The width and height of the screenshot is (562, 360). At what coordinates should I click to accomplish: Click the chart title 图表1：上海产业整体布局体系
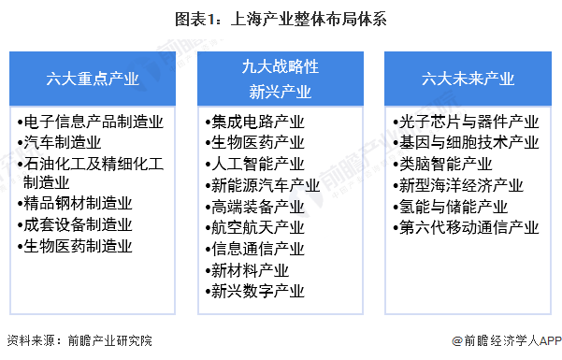click(x=281, y=18)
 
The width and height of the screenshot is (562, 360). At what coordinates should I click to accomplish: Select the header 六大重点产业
click(x=94, y=79)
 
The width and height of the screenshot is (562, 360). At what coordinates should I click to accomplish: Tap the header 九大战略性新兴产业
click(x=281, y=79)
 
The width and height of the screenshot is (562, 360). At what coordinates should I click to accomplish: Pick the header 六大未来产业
click(x=467, y=79)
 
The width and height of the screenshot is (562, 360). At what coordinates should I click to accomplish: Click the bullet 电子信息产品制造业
click(x=94, y=122)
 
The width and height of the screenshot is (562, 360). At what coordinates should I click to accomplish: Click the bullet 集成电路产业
click(x=256, y=122)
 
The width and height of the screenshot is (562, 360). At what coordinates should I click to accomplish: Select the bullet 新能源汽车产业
click(x=265, y=185)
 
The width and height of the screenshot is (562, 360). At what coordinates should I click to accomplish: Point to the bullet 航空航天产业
click(x=256, y=227)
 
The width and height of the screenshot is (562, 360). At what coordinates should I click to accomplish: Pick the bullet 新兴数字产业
click(x=256, y=290)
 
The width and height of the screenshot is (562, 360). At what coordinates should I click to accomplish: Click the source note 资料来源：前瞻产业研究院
click(x=79, y=342)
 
